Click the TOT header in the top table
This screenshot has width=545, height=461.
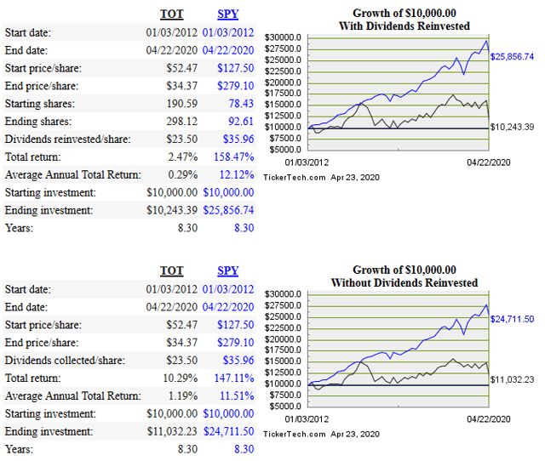pyautogui.click(x=172, y=14)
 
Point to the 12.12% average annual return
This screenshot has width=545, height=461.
pyautogui.click(x=236, y=174)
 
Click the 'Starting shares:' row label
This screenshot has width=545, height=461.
pyautogui.click(x=40, y=104)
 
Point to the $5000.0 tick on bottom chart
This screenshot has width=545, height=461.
pyautogui.click(x=284, y=406)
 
